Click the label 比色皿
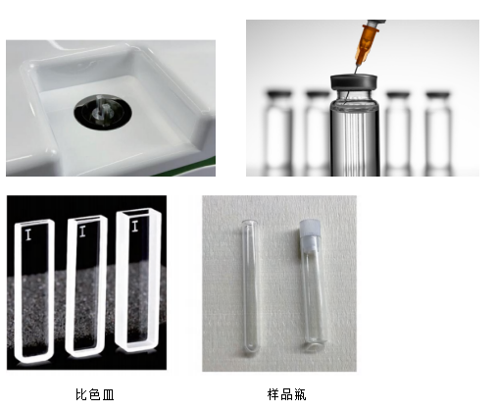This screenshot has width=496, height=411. click(x=95, y=394)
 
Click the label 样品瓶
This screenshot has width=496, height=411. click(x=286, y=394)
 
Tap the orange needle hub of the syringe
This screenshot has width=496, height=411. click(x=367, y=45)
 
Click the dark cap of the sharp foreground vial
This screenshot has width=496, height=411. click(x=354, y=82)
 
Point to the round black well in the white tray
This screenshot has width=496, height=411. click(x=103, y=112)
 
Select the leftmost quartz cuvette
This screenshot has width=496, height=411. click(x=34, y=291)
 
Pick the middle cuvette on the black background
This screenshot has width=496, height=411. click(x=86, y=286)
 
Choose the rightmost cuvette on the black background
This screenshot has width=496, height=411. click(x=138, y=281)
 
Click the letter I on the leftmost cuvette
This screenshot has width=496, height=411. click(x=28, y=234)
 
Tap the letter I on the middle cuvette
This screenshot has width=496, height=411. click(x=82, y=231)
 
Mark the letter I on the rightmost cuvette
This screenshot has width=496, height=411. click(x=135, y=226)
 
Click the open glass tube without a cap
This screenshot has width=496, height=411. click(x=250, y=287)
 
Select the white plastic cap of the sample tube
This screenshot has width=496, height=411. click(x=309, y=235)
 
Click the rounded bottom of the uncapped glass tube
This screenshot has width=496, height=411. click(x=251, y=350)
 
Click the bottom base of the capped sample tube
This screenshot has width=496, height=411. click(x=316, y=346)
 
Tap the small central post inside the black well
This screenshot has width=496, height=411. click(x=103, y=111)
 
